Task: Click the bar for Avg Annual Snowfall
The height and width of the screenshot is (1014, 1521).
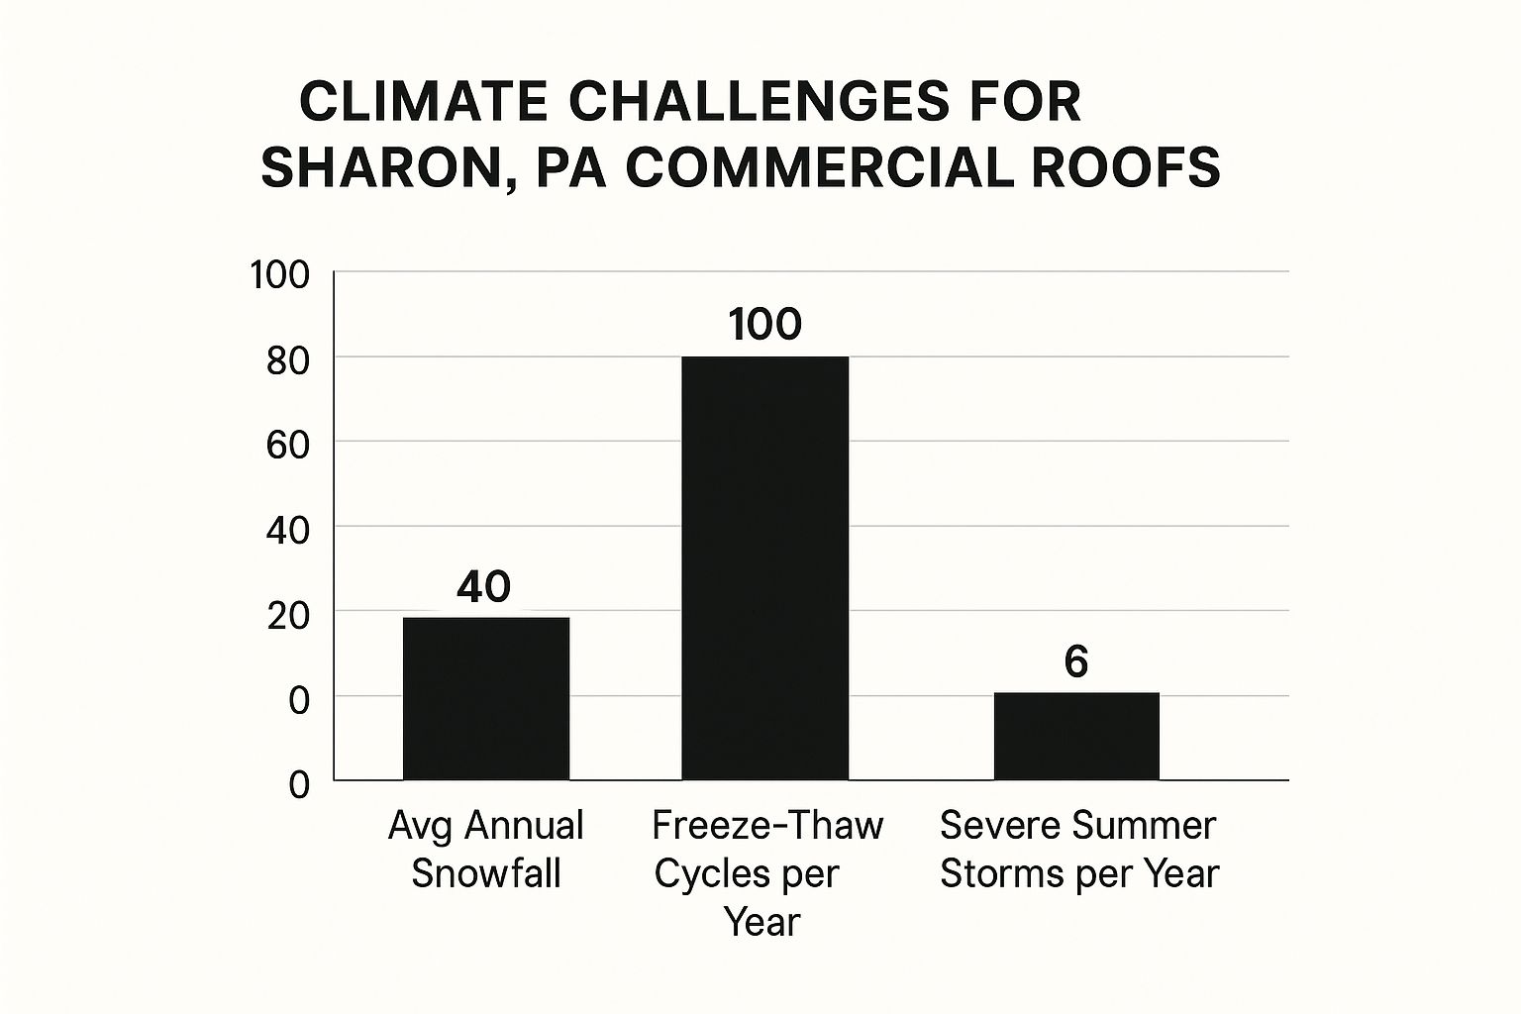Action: pos(486,698)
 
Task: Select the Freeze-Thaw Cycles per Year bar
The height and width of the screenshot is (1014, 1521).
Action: pos(764,567)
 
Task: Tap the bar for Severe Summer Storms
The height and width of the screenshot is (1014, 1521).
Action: pos(1076,736)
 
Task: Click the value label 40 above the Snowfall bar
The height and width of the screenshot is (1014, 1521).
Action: pos(484,586)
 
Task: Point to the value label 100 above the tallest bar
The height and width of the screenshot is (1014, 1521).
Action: pos(764,325)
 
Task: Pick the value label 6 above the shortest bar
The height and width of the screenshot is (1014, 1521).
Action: pos(1076,661)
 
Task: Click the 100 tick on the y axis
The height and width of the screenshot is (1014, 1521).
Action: pos(280,274)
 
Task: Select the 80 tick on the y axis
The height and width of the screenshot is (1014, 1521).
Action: pos(288,359)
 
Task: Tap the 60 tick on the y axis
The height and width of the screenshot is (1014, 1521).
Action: pos(288,445)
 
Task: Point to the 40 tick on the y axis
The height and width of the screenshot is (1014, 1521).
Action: pos(288,530)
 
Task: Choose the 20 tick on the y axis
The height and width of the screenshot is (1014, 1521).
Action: pos(288,615)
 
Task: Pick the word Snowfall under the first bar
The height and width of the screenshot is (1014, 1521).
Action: pos(486,873)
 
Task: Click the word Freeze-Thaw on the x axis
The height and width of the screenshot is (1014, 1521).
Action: pos(768,825)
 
